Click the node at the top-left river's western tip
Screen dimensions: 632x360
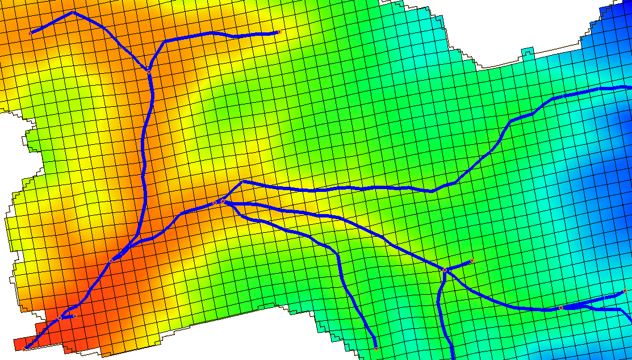[x=31, y=32]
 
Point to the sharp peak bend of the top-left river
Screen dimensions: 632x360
[x=73, y=12]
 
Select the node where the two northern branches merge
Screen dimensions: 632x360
[x=148, y=71]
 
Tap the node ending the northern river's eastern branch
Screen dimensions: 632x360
[x=279, y=32]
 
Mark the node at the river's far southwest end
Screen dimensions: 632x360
[x=25, y=347]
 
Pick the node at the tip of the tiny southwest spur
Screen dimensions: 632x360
[x=74, y=316]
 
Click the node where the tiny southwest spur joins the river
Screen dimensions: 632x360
[x=60, y=319]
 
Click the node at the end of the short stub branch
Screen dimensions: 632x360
[x=472, y=261]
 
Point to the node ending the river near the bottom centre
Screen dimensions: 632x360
[x=376, y=348]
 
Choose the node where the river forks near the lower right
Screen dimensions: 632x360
[x=560, y=308]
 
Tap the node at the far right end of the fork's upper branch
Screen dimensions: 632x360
[x=625, y=291]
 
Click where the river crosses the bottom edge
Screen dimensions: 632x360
[x=453, y=357]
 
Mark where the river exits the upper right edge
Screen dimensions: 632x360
[x=629, y=87]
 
